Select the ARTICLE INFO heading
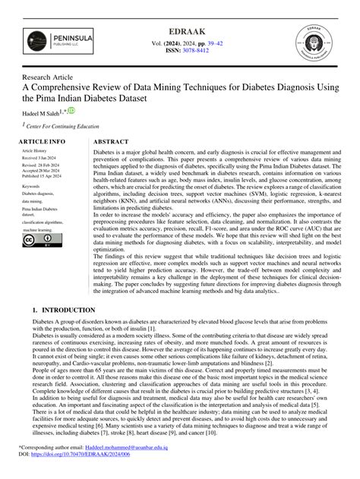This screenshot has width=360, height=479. click(42, 142)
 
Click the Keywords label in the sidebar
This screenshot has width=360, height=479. click(32, 185)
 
